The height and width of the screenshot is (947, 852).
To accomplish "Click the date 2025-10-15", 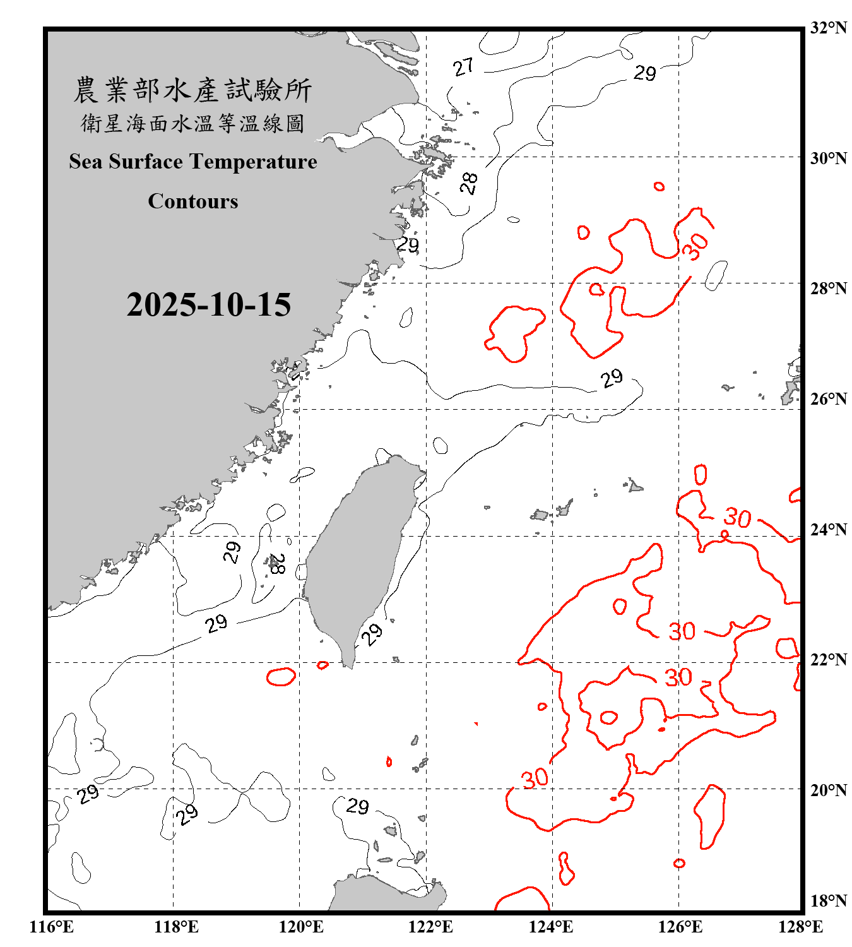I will pyautogui.click(x=208, y=305).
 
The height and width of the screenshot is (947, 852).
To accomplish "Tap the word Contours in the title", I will pyautogui.click(x=193, y=201).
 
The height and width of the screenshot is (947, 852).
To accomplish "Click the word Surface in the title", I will pyautogui.click(x=146, y=162).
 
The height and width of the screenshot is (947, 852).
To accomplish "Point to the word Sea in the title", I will pyautogui.click(x=86, y=162).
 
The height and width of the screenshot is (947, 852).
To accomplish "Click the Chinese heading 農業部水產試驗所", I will pyautogui.click(x=192, y=90).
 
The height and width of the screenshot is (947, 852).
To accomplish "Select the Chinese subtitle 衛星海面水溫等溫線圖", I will pyautogui.click(x=192, y=123).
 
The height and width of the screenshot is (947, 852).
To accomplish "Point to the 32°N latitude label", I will pyautogui.click(x=828, y=28).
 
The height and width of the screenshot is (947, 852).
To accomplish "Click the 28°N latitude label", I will pyautogui.click(x=828, y=289).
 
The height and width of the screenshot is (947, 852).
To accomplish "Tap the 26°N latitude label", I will pyautogui.click(x=828, y=399).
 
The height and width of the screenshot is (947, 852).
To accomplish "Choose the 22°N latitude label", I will pyautogui.click(x=828, y=660).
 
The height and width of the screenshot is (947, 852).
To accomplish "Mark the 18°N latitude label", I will pyautogui.click(x=828, y=901).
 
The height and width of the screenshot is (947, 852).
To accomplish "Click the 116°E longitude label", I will pyautogui.click(x=52, y=927).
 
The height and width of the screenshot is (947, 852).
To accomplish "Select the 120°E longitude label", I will pyautogui.click(x=301, y=927).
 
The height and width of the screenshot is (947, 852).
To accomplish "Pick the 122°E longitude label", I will pyautogui.click(x=430, y=927).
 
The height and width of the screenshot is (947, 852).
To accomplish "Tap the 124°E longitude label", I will pyautogui.click(x=551, y=927).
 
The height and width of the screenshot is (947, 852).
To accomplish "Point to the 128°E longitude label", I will pyautogui.click(x=800, y=927).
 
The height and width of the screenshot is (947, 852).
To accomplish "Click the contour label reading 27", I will pyautogui.click(x=463, y=67).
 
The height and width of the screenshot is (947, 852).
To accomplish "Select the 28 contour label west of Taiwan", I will pyautogui.click(x=276, y=563).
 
